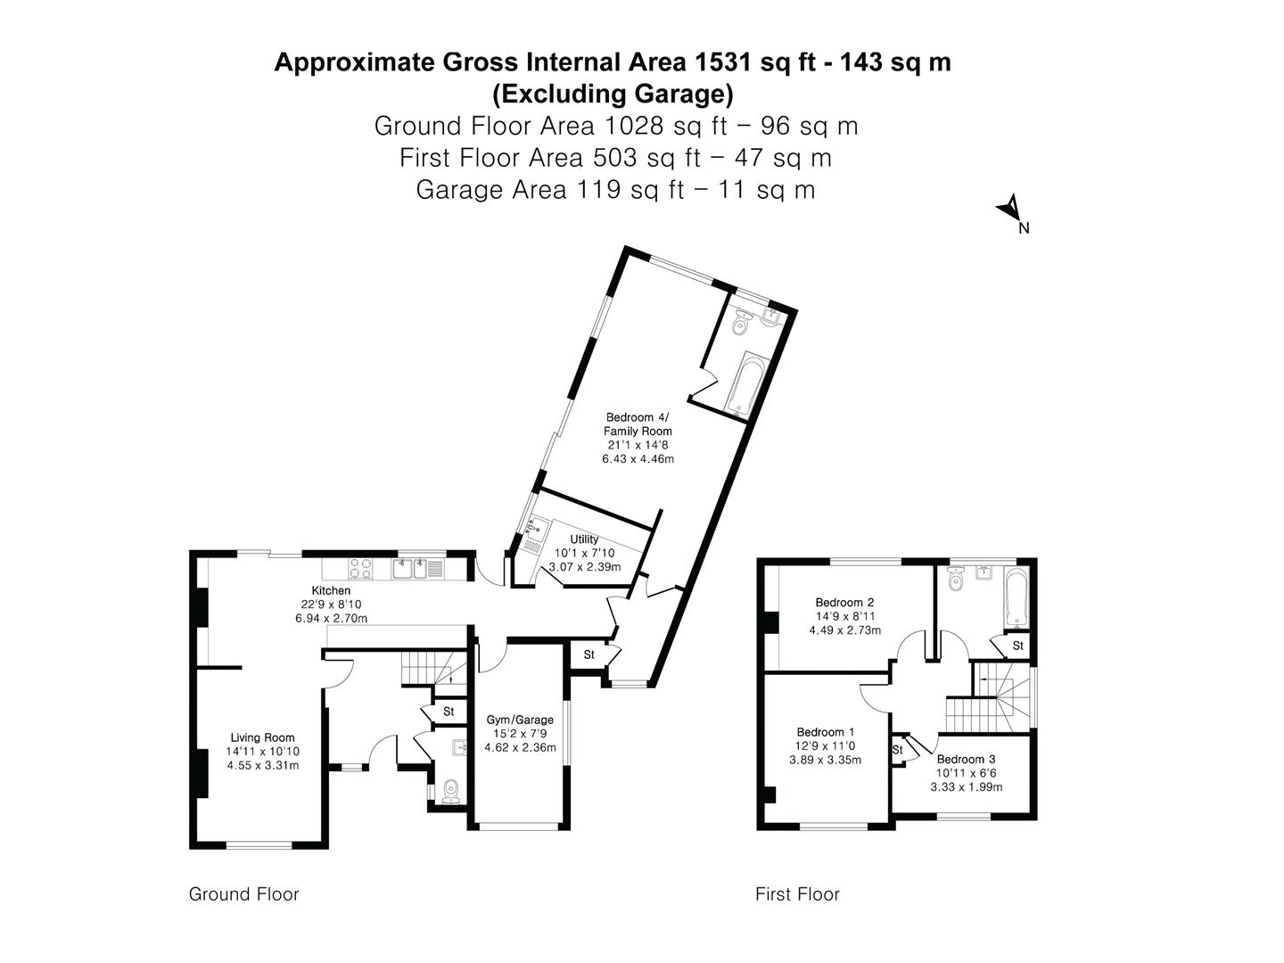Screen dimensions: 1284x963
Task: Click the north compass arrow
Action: [x=1009, y=208]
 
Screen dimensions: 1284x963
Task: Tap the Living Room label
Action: [x=263, y=738]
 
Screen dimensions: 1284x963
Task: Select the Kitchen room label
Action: [x=331, y=590]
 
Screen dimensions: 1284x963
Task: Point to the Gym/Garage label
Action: [x=520, y=720]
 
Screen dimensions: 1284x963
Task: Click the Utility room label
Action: [x=584, y=539]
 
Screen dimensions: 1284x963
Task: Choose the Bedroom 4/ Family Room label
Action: [x=638, y=424]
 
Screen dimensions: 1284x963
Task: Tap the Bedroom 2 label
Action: [x=844, y=602]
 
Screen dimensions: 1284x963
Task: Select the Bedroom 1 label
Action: [x=826, y=732]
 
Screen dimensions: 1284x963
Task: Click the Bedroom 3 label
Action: [x=966, y=760]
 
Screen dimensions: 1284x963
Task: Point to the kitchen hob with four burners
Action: [x=360, y=569]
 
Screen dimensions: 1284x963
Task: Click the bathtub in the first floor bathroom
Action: [x=1017, y=597]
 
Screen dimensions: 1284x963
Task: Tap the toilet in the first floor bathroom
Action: [x=956, y=580]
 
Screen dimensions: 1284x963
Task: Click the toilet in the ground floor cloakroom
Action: [x=451, y=793]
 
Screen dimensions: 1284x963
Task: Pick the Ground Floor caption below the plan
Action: [x=244, y=894]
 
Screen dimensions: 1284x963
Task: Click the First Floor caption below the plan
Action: [x=797, y=894]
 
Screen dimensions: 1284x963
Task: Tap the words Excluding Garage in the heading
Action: [x=613, y=95]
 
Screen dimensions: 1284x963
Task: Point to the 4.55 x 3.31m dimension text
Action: [x=263, y=765]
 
